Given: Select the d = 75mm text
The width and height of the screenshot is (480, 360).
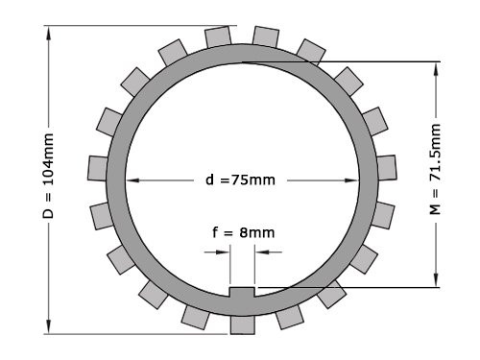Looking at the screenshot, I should (x=240, y=180).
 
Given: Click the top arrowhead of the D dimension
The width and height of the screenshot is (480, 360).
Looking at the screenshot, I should (x=49, y=30).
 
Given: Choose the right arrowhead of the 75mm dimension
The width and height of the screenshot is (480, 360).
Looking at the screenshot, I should (x=366, y=180).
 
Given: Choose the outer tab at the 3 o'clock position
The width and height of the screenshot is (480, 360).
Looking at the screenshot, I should (x=387, y=166).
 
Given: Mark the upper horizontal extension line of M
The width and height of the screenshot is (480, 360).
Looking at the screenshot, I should (x=346, y=62).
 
